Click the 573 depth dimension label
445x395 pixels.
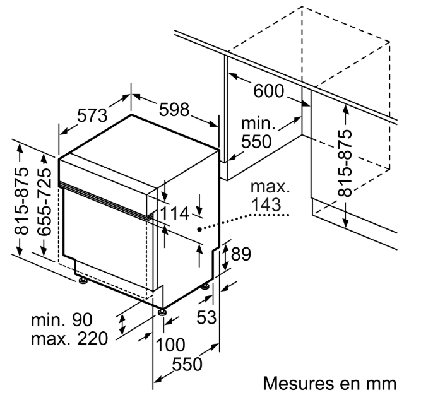(93, 115)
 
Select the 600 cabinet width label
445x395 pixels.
(268, 91)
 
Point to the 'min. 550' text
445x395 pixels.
(257, 132)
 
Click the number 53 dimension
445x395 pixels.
(206, 317)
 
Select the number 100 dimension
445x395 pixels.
(170, 345)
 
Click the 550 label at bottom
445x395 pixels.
(187, 364)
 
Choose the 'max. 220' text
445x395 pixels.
(69, 339)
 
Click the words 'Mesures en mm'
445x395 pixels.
(329, 383)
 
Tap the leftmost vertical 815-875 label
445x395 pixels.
(22, 201)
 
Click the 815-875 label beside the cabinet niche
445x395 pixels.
(345, 163)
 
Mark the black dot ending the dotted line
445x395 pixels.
(199, 230)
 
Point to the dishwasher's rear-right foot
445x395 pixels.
(206, 286)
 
